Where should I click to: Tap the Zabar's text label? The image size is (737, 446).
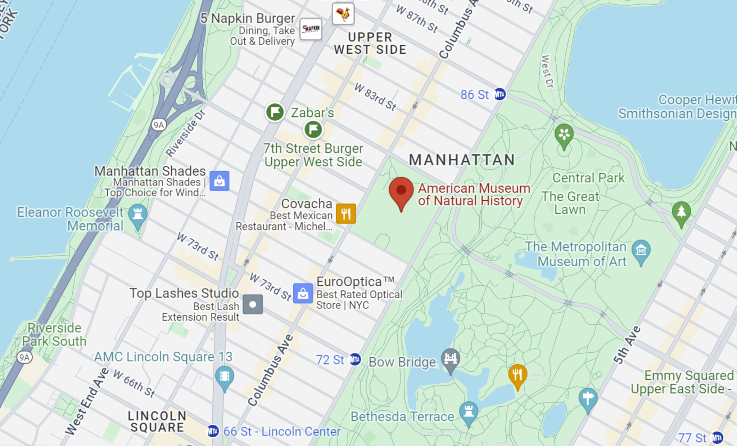pos(312,113)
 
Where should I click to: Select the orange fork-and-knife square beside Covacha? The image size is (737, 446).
pos(346,214)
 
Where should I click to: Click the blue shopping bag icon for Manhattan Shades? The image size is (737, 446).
pos(220,181)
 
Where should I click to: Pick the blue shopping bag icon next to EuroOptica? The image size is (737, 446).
pos(303,293)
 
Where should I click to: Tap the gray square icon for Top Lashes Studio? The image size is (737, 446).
pos(253,304)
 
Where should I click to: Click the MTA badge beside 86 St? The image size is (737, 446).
pos(499,94)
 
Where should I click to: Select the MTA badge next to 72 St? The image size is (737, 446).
pos(355,359)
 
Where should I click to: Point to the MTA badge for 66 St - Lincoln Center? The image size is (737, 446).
pos(213,431)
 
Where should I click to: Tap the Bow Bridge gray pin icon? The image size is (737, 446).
pos(451,360)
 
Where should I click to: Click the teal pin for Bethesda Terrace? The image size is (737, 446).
pos(469,412)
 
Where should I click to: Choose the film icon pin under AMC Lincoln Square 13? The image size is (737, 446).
pos(225,377)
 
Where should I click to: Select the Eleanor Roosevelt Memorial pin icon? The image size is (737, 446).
pos(137,215)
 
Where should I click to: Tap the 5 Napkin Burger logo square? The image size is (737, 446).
pos(311,29)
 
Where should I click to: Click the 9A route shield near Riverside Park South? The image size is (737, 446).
pos(24,357)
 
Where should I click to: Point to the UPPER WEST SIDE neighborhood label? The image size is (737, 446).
pos(370,43)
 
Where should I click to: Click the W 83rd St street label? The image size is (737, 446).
pos(375,97)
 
